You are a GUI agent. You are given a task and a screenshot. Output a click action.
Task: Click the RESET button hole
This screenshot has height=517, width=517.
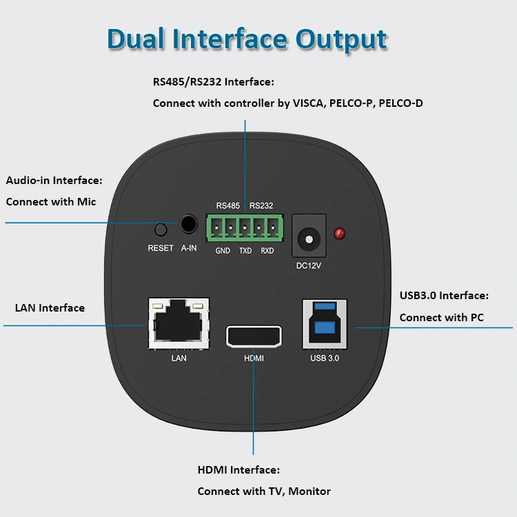(161, 230)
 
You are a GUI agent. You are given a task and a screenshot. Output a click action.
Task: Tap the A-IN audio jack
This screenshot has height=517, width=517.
(188, 223)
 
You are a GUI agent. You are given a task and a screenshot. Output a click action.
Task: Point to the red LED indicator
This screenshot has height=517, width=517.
(339, 234)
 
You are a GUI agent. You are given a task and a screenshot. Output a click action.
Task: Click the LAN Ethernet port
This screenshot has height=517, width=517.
(179, 322)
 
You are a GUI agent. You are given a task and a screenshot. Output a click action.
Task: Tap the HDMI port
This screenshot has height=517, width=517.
(254, 336)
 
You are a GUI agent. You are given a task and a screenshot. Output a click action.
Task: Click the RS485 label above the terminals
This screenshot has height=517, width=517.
(228, 205)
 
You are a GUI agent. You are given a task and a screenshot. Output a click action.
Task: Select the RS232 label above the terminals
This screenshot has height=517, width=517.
(261, 205)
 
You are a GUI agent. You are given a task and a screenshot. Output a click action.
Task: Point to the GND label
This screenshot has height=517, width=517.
(223, 251)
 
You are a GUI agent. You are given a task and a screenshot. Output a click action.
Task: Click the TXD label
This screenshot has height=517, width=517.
(245, 251)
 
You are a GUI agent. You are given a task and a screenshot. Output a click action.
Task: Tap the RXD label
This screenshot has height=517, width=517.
(267, 251)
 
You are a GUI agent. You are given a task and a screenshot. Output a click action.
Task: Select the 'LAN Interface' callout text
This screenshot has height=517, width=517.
(50, 308)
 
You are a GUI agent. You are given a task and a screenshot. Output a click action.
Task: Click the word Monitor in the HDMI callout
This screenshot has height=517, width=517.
(310, 491)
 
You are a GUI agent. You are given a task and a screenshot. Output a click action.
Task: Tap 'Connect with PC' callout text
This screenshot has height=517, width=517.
(441, 318)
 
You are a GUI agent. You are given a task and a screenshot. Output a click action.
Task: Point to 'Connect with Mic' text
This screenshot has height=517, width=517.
(51, 202)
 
